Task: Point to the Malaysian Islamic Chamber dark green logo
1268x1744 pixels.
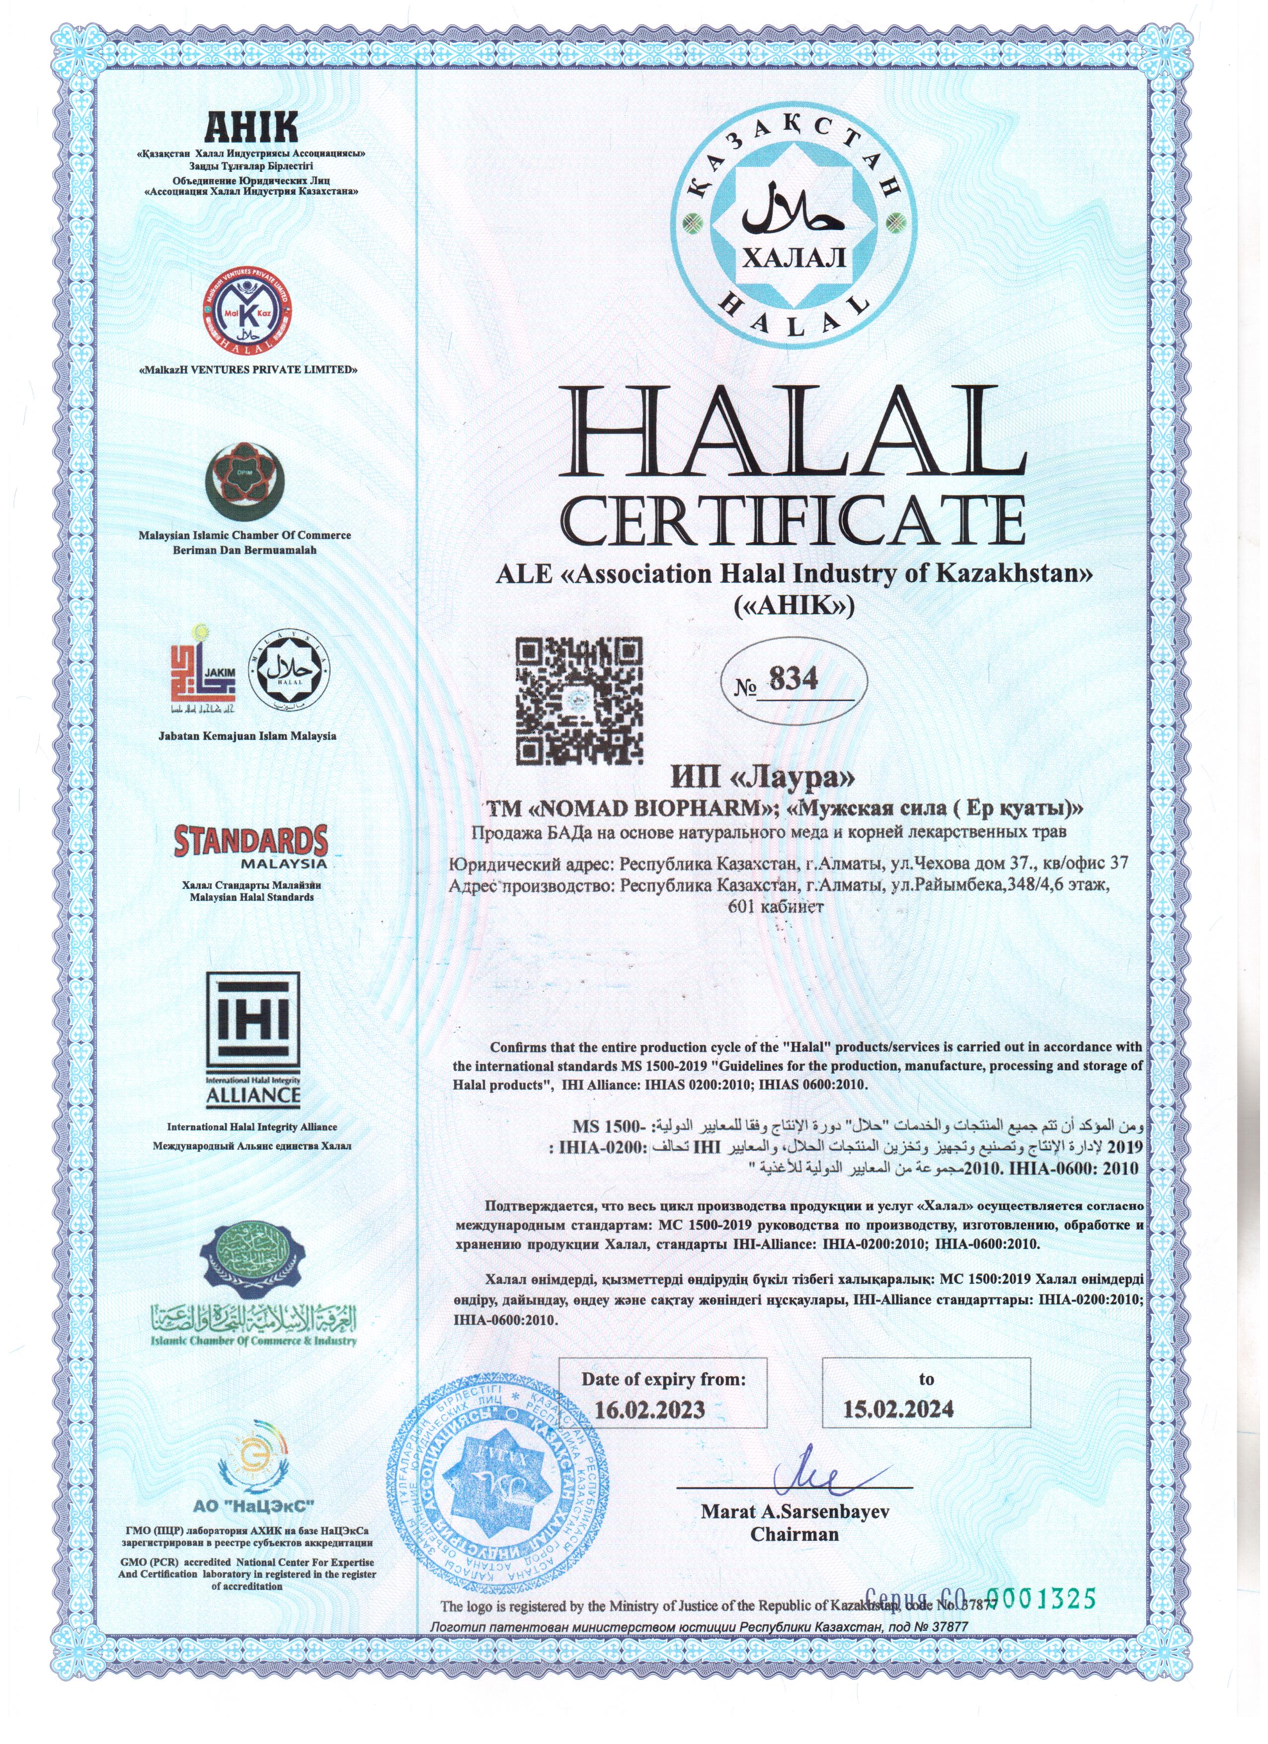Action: pos(244,481)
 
